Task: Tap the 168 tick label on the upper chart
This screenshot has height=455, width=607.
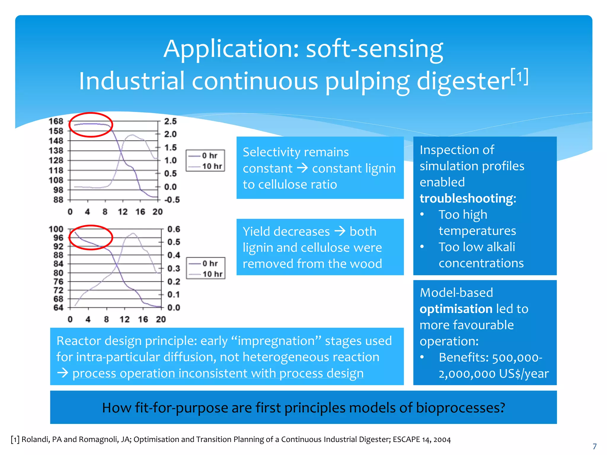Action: coord(56,121)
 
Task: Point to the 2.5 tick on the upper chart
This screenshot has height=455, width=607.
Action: coord(170,121)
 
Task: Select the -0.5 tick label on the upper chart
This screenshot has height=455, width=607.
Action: coord(172,200)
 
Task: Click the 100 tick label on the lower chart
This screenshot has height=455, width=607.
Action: coord(56,229)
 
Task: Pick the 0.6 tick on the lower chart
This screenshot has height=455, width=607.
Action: coord(174,229)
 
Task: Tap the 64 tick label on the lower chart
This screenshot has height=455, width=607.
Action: coord(58,307)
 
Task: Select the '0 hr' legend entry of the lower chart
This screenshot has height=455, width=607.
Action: coord(210,263)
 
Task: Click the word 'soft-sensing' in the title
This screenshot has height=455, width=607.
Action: coord(374,49)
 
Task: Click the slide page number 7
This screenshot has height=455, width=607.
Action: coord(594,446)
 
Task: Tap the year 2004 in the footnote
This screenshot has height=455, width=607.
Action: coord(442,439)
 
